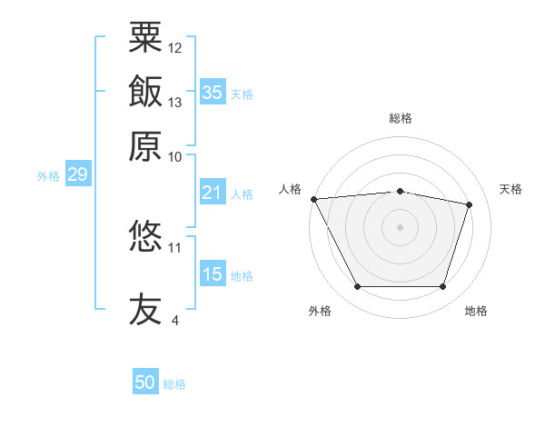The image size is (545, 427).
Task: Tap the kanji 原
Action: [145, 146]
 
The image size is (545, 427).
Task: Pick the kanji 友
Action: [145, 308]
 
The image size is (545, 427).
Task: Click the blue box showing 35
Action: [213, 93]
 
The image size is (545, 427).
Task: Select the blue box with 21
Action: [213, 193]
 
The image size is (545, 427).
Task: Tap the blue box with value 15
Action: [213, 274]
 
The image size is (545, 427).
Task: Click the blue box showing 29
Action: [77, 174]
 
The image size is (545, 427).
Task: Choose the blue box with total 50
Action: [145, 383]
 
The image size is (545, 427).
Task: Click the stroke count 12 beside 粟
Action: [175, 47]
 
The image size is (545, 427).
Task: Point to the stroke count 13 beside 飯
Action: [175, 102]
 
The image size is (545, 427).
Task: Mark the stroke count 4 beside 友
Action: [174, 320]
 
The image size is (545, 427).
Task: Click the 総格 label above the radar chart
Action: [401, 118]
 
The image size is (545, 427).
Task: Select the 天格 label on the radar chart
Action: [510, 189]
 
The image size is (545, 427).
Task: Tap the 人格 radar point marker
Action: [313, 199]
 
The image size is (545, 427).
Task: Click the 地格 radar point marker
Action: [442, 287]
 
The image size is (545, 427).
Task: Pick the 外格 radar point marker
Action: [357, 287]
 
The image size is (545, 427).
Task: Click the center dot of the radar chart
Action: [400, 226]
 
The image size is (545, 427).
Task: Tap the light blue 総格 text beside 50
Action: [174, 384]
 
